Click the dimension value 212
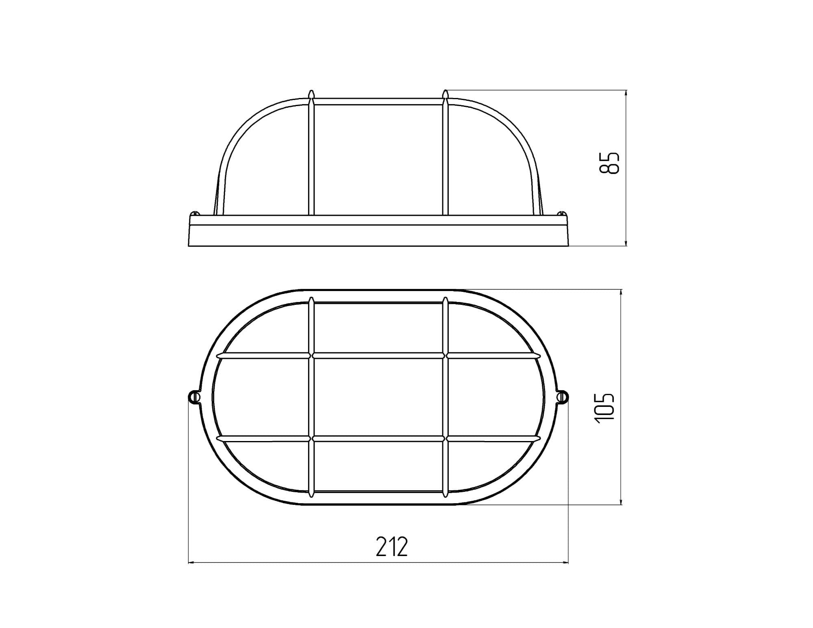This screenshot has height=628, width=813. pyautogui.click(x=391, y=547)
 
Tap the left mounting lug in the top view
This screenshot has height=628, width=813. pyautogui.click(x=194, y=397)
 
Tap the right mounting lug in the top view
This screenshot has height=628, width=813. pyautogui.click(x=563, y=397)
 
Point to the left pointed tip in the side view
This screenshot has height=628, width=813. pyautogui.click(x=311, y=91)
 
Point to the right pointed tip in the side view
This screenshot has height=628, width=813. pyautogui.click(x=446, y=91)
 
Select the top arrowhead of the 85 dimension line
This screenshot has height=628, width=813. pyautogui.click(x=626, y=93)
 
